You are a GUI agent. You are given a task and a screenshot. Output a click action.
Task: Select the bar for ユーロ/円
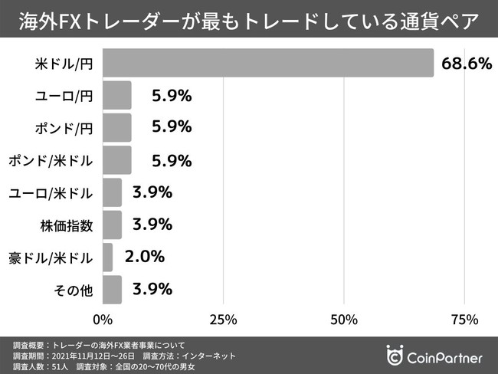coord(116,96)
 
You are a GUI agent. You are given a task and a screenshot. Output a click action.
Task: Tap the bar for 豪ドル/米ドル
coord(107,258)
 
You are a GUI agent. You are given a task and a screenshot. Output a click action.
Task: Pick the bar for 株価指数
coord(112,225)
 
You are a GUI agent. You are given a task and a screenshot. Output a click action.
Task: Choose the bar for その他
coord(112,290)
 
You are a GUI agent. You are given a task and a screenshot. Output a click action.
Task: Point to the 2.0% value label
coord(144,258)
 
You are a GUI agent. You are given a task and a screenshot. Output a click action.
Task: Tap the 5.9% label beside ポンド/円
coord(171,127)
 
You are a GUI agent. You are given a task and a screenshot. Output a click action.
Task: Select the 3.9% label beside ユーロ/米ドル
coord(152,192)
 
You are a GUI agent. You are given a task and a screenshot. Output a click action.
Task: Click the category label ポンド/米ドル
coord(51,160)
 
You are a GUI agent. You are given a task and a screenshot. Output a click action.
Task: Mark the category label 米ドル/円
coord(64,64)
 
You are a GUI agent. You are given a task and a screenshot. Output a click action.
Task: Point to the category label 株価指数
coord(67,225)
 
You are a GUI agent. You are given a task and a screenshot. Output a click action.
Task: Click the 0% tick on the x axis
coord(102,318)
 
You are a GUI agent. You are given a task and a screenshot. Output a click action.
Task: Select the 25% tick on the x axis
coord(222,318)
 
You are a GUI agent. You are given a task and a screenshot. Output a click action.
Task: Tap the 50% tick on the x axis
coord(344,318)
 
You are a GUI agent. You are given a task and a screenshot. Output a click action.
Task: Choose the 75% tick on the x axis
coord(464,318)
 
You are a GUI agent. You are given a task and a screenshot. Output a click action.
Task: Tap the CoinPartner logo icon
coord(395,357)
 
